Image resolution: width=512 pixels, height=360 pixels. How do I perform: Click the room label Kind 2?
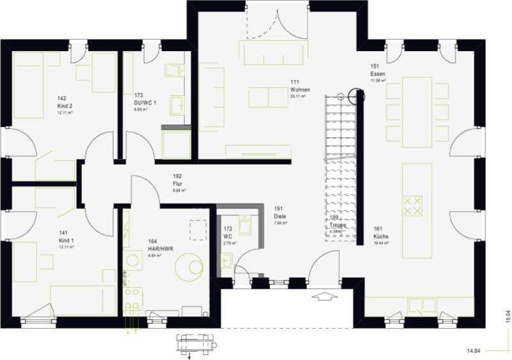(x=63, y=105)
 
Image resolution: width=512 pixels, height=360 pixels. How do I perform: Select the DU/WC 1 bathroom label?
(x=143, y=103)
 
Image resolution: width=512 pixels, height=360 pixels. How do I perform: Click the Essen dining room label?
(x=378, y=74)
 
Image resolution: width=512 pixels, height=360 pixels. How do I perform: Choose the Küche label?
(x=381, y=236)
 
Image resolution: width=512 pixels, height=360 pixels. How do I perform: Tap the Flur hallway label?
(x=178, y=183)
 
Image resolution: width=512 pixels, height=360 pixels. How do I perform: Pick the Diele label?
(x=280, y=217)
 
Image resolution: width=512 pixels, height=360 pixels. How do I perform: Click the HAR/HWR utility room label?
(x=161, y=248)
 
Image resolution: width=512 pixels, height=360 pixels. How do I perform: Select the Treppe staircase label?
(x=339, y=225)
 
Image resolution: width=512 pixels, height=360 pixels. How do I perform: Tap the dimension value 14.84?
(x=474, y=351)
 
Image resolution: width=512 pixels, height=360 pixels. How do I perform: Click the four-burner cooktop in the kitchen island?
(x=413, y=205)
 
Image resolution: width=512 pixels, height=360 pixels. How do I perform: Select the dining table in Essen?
(x=416, y=111)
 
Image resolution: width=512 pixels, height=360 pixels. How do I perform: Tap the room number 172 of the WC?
(x=227, y=228)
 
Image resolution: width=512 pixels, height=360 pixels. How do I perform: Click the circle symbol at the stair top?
(x=357, y=97)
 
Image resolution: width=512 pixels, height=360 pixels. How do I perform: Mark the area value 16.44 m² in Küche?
(x=382, y=243)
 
